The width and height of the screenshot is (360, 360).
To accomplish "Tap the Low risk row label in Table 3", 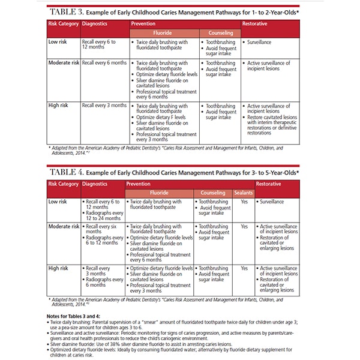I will tap(58, 43).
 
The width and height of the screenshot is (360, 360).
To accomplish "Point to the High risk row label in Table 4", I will tap(58, 268).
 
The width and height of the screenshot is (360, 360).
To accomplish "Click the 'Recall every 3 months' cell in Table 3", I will tap(104, 106).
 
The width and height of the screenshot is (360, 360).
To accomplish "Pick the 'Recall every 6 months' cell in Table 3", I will tap(104, 62).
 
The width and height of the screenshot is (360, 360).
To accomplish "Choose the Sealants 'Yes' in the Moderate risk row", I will tap(244, 227).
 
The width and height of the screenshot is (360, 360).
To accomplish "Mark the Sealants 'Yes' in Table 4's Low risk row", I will tap(244, 202).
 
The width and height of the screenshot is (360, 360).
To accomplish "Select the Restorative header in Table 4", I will tap(268, 184).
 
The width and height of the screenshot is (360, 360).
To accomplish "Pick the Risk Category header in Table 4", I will tap(63, 184).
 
